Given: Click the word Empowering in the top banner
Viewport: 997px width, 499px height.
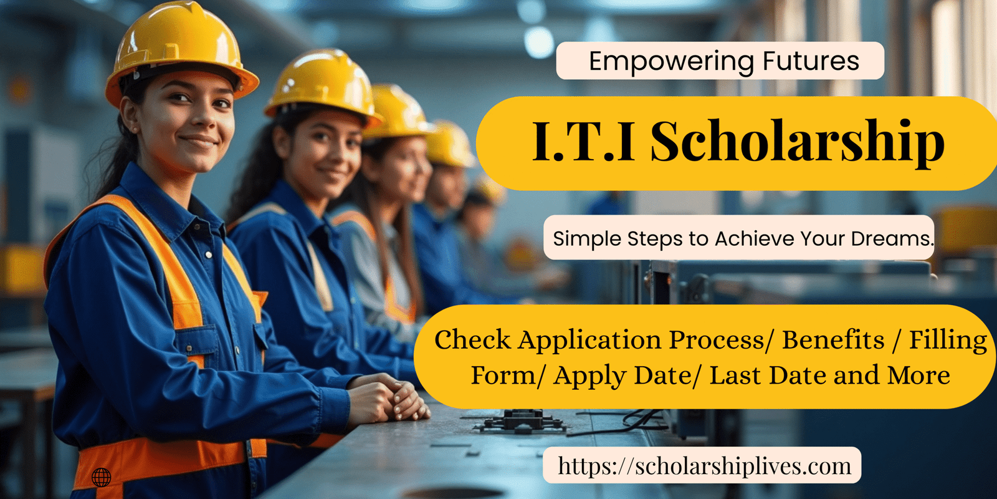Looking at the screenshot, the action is point(671,62).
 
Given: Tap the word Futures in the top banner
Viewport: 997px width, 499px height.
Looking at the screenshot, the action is point(811,61).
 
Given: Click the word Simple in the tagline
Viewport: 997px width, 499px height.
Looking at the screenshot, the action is point(582,240).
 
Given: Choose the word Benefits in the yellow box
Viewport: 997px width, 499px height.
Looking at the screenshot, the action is point(833,340).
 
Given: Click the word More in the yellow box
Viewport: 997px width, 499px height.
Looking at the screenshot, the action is point(918,375).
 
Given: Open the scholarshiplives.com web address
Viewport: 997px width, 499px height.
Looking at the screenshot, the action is point(705,466).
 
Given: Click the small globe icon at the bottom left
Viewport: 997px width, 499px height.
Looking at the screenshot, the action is point(101,478).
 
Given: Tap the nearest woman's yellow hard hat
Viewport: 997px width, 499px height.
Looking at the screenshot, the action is point(180,51).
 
